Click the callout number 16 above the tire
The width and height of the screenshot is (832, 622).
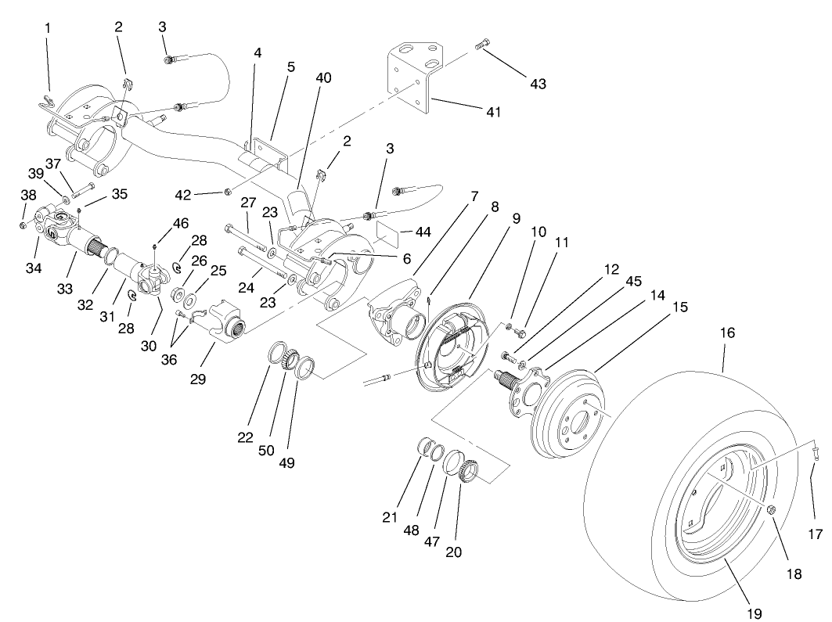pyautogui.click(x=727, y=333)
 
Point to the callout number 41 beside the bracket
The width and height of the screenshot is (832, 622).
pyautogui.click(x=493, y=112)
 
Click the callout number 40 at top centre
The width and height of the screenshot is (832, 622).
pyautogui.click(x=323, y=77)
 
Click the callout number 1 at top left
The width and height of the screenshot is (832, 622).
pyautogui.click(x=49, y=27)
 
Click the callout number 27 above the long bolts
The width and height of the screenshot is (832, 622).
pyautogui.click(x=249, y=203)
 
